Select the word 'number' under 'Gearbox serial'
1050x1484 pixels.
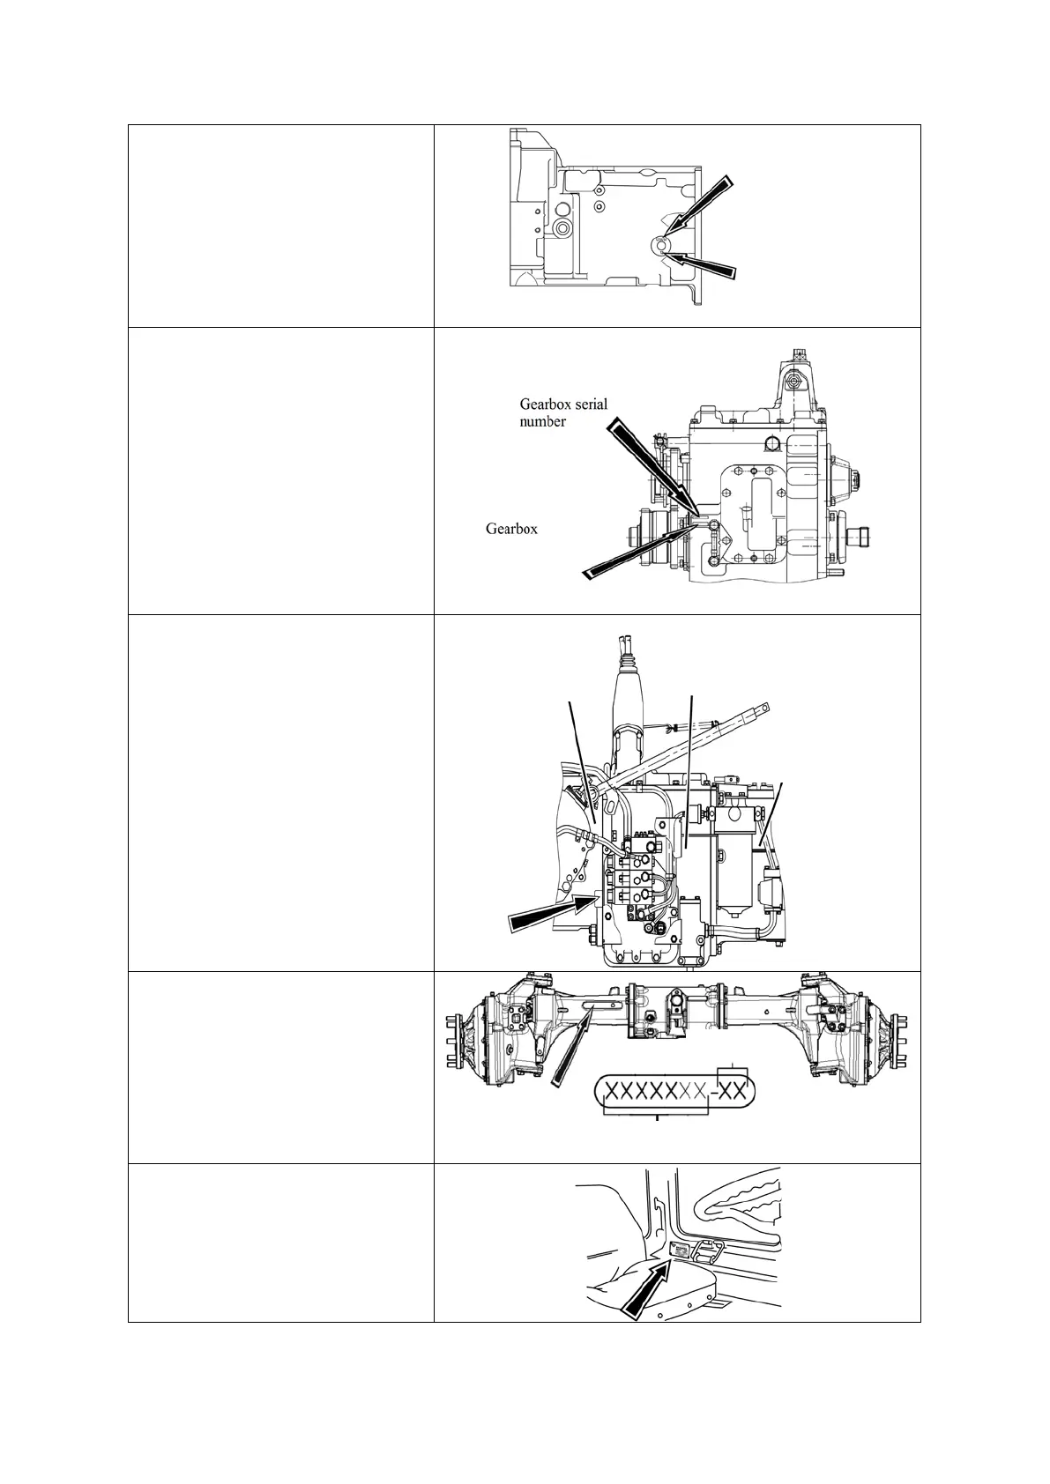542,421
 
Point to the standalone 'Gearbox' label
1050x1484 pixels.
511,529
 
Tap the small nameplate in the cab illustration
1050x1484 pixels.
680,1250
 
